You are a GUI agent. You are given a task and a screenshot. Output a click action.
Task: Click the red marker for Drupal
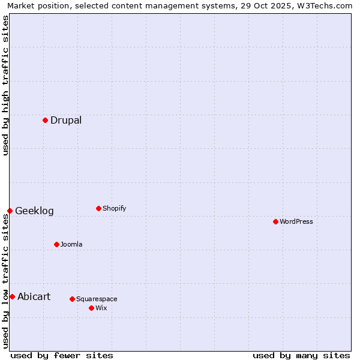point(45,120)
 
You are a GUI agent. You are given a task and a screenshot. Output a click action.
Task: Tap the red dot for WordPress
point(275,221)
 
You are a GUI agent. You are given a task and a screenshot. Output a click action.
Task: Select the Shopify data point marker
point(98,208)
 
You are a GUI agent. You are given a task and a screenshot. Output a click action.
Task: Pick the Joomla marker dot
point(56,244)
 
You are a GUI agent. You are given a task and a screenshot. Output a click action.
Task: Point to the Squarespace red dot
point(72,299)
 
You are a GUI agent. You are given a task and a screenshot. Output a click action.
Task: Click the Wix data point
point(91,308)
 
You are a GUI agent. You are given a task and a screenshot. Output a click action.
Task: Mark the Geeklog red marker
point(10,211)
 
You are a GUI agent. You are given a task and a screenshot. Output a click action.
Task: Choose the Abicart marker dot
point(12,296)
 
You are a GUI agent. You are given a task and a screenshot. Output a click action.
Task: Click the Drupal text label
point(66,120)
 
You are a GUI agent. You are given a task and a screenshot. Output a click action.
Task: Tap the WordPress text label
point(296,221)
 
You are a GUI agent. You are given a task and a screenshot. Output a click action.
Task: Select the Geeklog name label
point(34,211)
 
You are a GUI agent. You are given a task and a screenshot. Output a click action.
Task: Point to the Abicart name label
point(34,296)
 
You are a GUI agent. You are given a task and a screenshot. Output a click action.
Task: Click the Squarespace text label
point(97,299)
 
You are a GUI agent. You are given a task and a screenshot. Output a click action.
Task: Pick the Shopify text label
point(114,208)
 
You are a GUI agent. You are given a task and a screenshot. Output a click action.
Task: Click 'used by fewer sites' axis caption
point(62,355)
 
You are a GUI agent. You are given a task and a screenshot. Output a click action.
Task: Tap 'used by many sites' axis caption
point(301,355)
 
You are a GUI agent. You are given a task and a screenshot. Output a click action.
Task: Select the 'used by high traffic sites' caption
point(5,85)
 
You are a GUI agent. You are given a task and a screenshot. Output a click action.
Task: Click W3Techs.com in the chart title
point(323,5)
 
